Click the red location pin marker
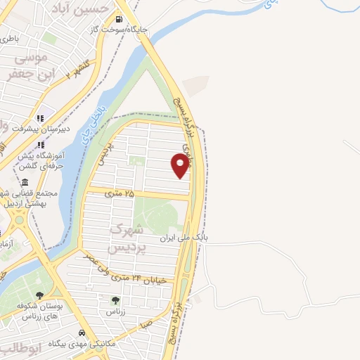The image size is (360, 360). click(x=181, y=165)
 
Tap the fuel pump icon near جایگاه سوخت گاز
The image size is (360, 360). click(x=120, y=19)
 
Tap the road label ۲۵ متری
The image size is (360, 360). click(x=120, y=191)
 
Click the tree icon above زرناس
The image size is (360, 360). click(x=115, y=300)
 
